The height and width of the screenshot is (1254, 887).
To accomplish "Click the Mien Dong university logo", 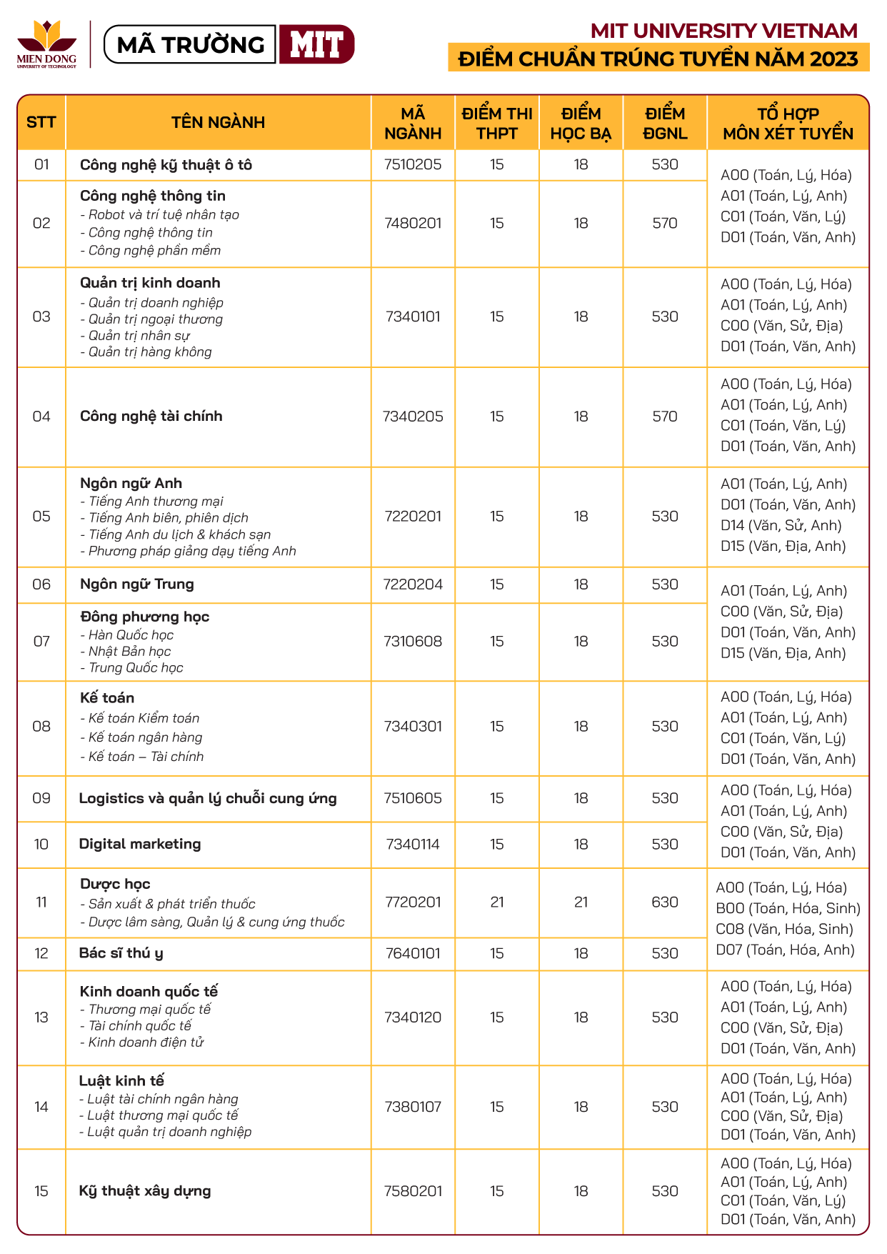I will (46, 44).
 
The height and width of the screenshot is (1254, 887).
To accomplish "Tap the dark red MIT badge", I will (316, 44).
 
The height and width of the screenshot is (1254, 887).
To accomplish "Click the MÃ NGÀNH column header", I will (413, 123).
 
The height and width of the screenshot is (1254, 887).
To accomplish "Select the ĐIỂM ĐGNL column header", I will (664, 123).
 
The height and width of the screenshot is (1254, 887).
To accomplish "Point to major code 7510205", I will (413, 164).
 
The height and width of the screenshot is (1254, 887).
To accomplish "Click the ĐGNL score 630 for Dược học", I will (664, 902).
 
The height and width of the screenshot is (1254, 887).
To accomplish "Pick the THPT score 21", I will (497, 902).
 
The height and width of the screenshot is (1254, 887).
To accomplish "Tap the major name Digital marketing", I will (140, 844).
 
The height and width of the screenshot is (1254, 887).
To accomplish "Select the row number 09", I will (41, 798).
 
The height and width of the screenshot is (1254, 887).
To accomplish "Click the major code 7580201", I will (413, 1191).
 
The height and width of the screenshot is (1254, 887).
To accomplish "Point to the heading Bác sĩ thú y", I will (121, 953).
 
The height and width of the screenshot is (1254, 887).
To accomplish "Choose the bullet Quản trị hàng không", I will (150, 352).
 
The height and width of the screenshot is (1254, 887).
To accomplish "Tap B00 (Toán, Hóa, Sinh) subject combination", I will (788, 908).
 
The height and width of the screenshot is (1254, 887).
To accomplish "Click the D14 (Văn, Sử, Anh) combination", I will (781, 525).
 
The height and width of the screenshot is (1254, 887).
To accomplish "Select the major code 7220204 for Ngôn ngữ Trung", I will (413, 584).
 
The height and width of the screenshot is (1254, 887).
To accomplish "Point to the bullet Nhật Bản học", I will (129, 651).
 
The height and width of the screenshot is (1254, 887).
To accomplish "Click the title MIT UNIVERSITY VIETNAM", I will (723, 31).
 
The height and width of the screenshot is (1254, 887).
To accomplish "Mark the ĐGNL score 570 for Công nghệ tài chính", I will (664, 416).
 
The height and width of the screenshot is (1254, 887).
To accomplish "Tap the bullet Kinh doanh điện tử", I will (146, 1042).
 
